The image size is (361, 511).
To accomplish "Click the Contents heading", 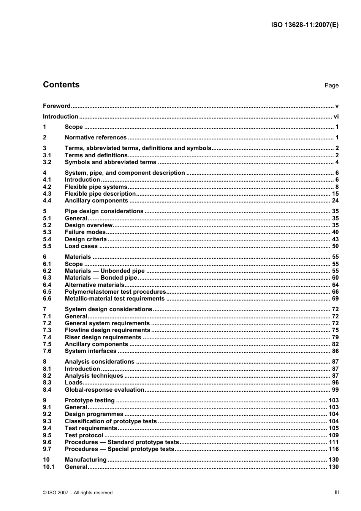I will (61, 85).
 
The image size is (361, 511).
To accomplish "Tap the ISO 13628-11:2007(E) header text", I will (304, 25).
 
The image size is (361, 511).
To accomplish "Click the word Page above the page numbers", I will (331, 85).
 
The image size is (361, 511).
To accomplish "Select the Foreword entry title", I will (57, 106).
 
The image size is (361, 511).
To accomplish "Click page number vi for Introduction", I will (336, 117).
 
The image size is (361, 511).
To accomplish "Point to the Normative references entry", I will (95, 138).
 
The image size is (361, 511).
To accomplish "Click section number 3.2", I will (47, 162).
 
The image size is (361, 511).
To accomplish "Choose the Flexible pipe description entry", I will (100, 194).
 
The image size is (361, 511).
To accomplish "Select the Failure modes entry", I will (85, 232).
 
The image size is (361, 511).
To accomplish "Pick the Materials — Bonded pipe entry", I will (101, 278).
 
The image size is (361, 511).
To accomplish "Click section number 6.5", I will (47, 292).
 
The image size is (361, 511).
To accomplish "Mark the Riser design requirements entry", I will (103, 337).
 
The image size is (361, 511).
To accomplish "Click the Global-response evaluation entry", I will (104, 390).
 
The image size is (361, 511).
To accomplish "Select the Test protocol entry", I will (84, 435).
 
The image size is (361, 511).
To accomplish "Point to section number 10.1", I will (49, 467).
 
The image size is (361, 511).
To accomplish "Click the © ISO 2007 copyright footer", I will (78, 493).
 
